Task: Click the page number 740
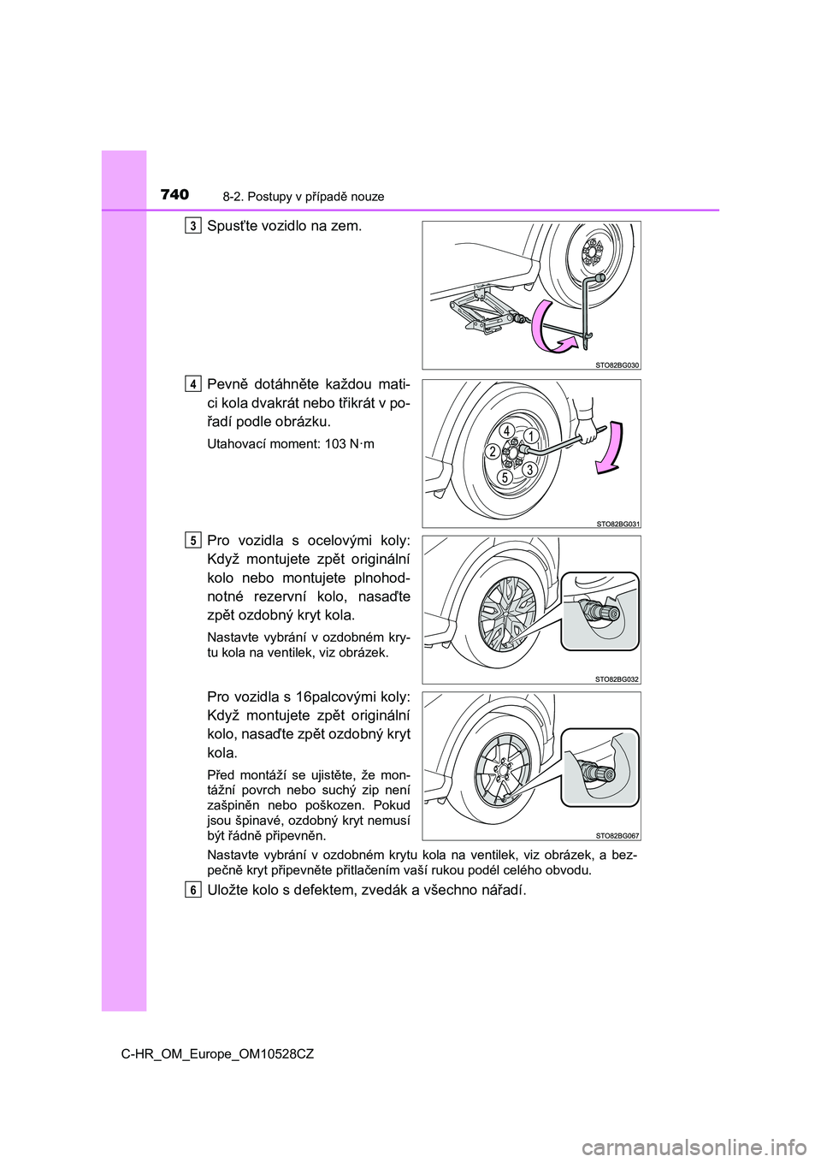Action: point(174,195)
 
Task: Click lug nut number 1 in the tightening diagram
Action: point(531,436)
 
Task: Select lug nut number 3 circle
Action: point(530,469)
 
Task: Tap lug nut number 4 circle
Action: point(507,429)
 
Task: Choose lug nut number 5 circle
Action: point(506,477)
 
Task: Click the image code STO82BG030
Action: point(617,365)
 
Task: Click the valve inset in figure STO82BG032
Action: point(600,611)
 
